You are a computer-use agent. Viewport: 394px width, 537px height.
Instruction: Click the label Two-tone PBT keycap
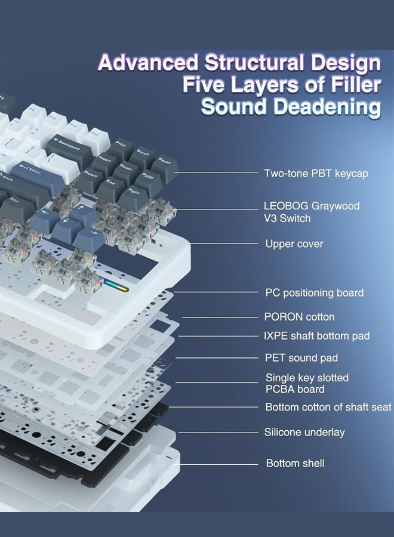(316, 173)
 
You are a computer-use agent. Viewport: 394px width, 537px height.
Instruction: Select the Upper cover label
(294, 244)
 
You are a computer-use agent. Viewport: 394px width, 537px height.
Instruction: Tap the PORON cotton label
(299, 317)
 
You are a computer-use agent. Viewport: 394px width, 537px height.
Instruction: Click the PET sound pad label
(301, 358)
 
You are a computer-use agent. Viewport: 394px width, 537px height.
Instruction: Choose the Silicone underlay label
(304, 432)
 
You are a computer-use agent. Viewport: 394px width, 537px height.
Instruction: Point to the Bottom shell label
(295, 464)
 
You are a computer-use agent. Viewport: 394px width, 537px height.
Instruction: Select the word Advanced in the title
(148, 63)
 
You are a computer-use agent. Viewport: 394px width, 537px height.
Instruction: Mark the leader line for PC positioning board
(216, 292)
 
